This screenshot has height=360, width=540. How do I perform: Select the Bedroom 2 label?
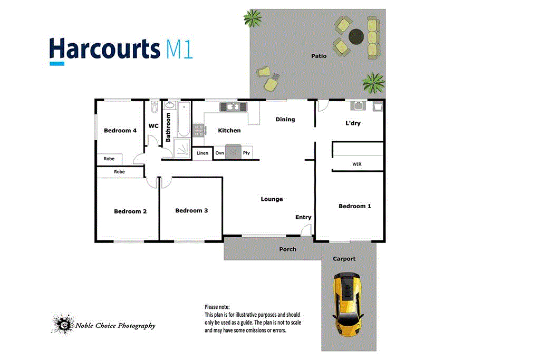click(x=130, y=211)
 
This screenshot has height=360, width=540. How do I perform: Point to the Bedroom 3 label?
click(x=191, y=210)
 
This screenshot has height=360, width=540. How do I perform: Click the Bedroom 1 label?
click(x=354, y=206)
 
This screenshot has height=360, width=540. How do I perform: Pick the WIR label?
click(x=357, y=164)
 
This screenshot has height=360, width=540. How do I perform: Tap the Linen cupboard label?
click(x=202, y=153)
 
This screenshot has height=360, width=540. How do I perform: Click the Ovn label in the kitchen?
click(x=219, y=153)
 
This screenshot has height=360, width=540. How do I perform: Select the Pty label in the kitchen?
click(x=246, y=153)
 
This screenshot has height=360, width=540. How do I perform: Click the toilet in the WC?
click(x=153, y=108)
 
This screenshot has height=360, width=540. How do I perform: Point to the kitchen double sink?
click(x=233, y=107)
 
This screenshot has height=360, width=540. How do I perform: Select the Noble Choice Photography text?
click(x=115, y=326)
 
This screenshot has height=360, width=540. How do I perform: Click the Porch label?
click(x=288, y=249)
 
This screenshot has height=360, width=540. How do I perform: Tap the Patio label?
click(x=319, y=56)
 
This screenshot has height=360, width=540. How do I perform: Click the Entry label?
click(x=303, y=217)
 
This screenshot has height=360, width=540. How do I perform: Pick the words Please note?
click(x=217, y=307)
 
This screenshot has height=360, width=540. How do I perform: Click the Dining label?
click(x=285, y=119)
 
